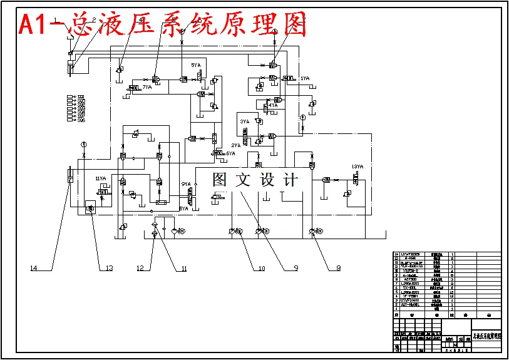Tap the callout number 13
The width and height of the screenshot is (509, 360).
tap(108, 268)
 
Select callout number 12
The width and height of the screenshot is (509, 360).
tap(141, 268)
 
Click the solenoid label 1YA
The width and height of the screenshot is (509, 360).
tap(305, 78)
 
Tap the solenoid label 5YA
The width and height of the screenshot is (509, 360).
tap(196, 65)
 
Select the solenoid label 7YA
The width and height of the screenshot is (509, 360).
tap(147, 87)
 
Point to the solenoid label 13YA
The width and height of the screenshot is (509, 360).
tap(357, 167)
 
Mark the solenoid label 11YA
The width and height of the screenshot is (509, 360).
tap(100, 179)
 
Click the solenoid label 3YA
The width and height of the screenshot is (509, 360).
tap(244, 121)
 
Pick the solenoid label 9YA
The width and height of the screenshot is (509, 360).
tap(186, 184)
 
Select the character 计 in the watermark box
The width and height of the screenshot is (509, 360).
tap(290, 180)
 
